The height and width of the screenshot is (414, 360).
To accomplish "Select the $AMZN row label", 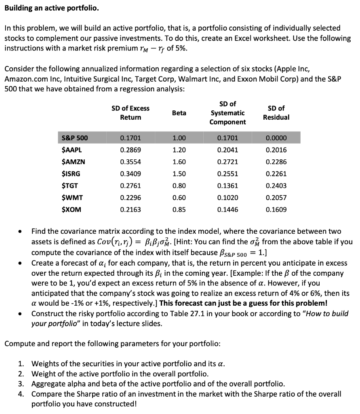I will coord(74,162).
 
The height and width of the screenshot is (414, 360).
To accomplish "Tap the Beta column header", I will coord(179,113).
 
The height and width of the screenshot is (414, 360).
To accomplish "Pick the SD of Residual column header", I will coord(276,113).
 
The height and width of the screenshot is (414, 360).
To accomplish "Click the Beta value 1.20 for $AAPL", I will coord(179,150).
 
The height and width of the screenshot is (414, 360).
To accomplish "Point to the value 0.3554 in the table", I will coord(131,162).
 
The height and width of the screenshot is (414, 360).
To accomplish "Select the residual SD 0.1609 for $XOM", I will coord(276,210).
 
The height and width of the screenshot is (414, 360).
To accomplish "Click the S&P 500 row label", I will coord(75,138).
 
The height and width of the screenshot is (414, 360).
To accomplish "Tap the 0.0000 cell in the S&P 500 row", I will coord(276,138).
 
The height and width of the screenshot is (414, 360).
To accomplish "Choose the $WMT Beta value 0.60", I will coord(179,198).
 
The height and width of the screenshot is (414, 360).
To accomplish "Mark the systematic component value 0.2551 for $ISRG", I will coord(227,174).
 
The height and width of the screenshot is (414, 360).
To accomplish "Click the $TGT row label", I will coord(70,186).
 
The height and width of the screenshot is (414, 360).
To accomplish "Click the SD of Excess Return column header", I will coord(131,113).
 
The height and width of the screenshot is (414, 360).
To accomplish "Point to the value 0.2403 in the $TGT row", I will coord(276,186).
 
